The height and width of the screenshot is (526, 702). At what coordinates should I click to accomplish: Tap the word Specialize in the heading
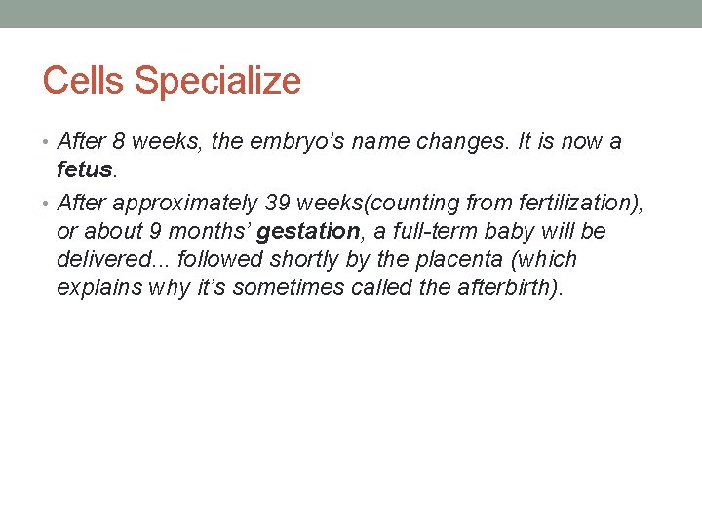point(217,82)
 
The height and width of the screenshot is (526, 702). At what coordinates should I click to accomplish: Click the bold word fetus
point(86,170)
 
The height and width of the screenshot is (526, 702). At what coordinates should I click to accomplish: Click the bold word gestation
point(308,232)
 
